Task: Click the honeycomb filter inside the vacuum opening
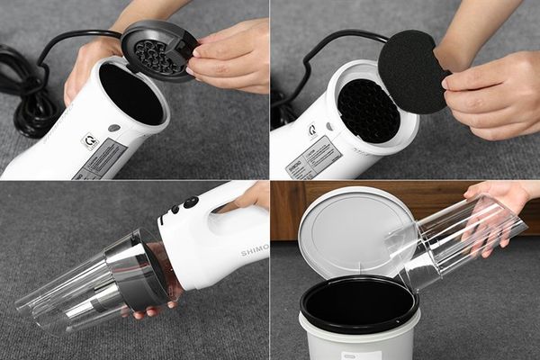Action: [367, 110]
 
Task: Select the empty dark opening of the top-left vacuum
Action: [130, 94]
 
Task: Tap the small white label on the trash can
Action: [361, 355]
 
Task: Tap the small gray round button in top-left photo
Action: [114, 128]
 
